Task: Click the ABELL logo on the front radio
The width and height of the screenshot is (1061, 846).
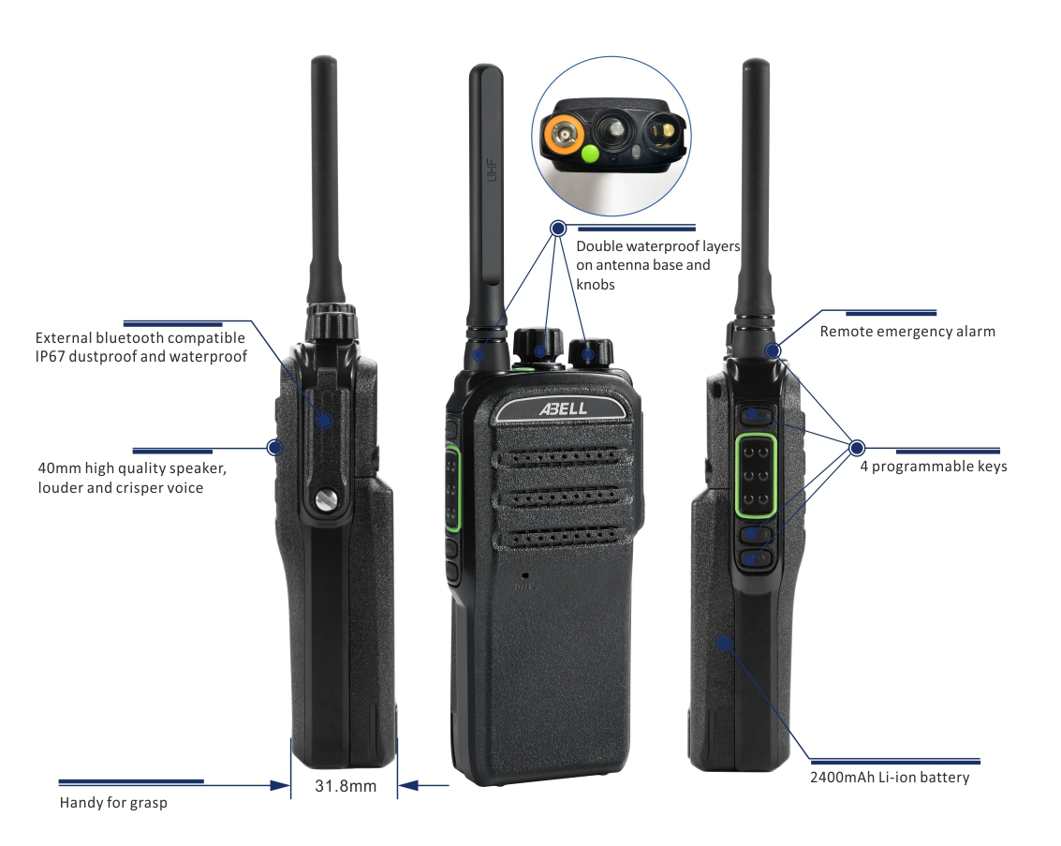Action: click(563, 408)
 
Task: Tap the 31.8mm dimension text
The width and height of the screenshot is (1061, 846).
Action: click(346, 786)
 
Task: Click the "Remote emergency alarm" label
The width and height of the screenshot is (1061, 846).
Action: click(907, 332)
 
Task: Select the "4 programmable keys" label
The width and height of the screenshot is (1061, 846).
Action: click(933, 467)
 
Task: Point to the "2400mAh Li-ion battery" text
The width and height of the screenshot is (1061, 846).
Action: click(890, 777)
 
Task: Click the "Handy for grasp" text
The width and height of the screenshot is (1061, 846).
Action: click(113, 803)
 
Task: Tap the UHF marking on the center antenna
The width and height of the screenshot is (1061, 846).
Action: click(492, 170)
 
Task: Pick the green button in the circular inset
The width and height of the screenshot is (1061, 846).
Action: click(591, 154)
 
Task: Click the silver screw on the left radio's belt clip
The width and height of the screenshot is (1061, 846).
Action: click(326, 500)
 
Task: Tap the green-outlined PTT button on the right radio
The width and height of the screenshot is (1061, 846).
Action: click(756, 475)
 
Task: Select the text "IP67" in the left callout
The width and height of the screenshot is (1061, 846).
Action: click(50, 357)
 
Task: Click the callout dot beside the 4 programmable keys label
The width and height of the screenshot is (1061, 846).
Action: click(857, 448)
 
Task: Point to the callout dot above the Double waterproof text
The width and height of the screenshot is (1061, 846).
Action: click(557, 228)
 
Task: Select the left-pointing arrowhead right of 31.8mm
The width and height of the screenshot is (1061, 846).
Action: click(408, 786)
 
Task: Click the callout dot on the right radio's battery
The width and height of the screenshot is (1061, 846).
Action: click(724, 643)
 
